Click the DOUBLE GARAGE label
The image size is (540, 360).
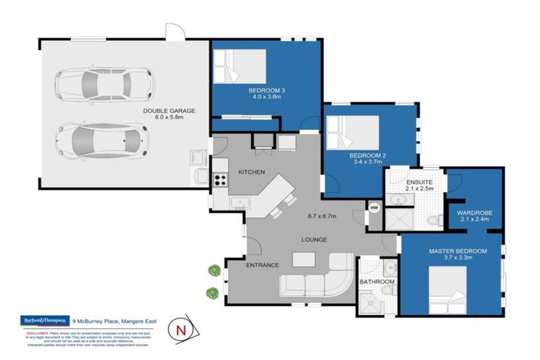click(x=169, y=110)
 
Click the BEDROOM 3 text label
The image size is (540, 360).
click(x=266, y=91)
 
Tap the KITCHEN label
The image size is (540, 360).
click(x=251, y=172)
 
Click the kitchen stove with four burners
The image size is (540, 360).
click(x=220, y=179)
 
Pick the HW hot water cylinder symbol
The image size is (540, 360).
click(x=374, y=207)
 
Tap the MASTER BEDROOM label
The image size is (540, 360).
click(x=458, y=251)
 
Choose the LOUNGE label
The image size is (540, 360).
click(x=314, y=239)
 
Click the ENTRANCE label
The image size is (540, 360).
click(x=262, y=265)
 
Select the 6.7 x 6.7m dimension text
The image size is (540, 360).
click(x=323, y=216)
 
